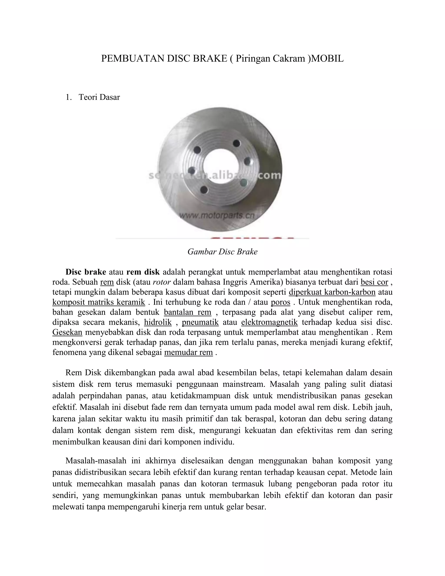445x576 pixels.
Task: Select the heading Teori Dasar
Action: point(99,97)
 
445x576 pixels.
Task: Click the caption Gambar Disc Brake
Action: point(222,252)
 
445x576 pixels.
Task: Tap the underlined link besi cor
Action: point(374,282)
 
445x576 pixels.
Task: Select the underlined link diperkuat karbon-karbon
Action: point(332,292)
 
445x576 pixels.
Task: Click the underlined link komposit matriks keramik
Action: point(99,302)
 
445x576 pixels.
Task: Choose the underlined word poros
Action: point(281,302)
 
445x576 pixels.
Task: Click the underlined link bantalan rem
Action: point(188,312)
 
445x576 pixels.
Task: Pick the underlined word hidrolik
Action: point(158,322)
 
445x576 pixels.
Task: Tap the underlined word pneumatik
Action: point(200,322)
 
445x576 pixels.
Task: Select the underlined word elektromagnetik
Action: point(269,322)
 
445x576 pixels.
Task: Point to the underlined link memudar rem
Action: point(188,352)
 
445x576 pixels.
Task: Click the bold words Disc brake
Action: point(86,272)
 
